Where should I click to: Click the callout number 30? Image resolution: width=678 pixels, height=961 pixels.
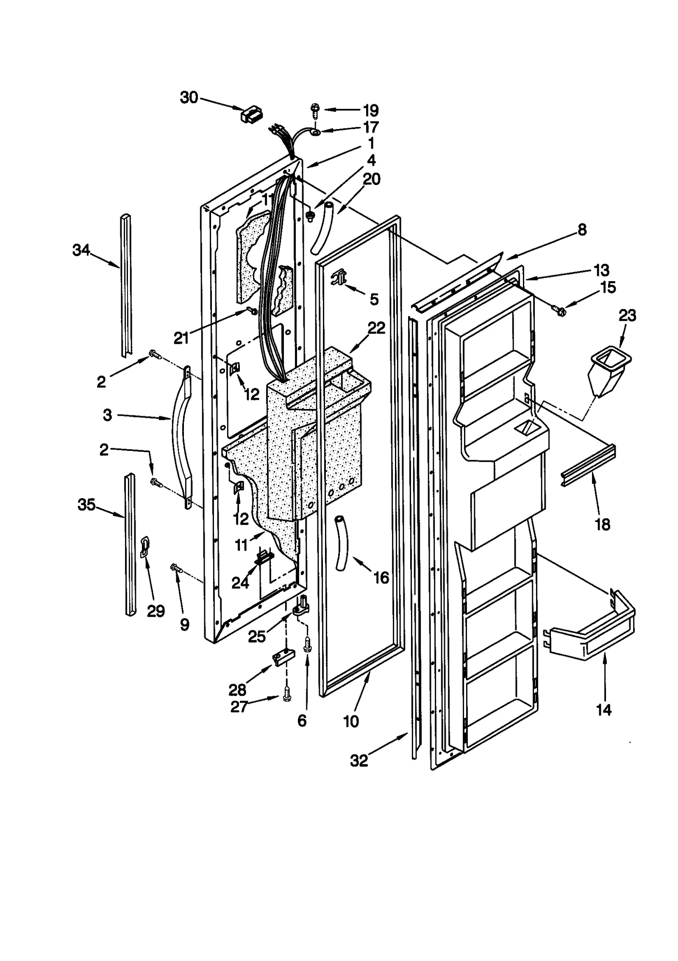click(x=189, y=98)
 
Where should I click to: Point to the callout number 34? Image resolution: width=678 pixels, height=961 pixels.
click(x=81, y=250)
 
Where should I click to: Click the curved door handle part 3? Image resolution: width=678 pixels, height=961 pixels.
click(x=180, y=436)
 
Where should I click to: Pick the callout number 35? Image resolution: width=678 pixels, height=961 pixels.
click(x=86, y=505)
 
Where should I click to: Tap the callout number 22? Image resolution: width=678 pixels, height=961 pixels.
click(x=376, y=328)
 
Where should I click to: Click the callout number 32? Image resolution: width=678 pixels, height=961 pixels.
click(x=359, y=761)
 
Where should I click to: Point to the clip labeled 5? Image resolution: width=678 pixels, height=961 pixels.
click(x=339, y=276)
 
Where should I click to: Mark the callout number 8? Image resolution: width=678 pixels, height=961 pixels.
click(x=582, y=230)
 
